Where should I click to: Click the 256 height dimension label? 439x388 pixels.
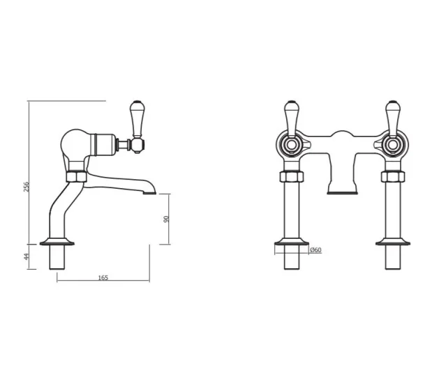26,186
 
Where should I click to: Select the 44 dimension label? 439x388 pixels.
26,256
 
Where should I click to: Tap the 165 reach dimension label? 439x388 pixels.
103,277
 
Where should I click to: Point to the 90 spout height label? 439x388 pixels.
166,218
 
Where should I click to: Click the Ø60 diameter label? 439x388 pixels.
315,250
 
